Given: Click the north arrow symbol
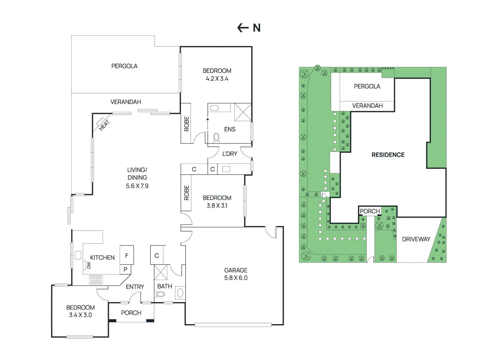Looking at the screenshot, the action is coord(243,28).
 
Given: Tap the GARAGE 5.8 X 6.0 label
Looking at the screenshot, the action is coord(236,274).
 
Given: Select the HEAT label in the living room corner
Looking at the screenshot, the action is coord(104,125).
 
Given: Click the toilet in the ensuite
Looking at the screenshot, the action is coord(216,138).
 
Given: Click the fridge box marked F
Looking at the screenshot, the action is coord(127,255).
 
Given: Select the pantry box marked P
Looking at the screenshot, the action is coord(125,269).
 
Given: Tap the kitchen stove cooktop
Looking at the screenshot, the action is coord(96,280).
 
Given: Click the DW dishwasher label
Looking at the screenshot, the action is coord(89,265).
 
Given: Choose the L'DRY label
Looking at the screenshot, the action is coord(230,154).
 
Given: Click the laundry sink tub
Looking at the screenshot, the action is coord(226,169).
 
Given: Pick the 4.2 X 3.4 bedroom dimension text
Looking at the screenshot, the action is coord(217,79).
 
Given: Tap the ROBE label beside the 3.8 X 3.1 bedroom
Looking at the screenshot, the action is coord(186,193).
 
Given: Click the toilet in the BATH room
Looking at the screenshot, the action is coord(161,295).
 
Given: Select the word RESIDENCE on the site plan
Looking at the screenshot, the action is coord(388,155).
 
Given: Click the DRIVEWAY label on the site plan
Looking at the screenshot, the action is coord(416,239).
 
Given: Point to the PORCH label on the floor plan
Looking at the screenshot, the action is coord(131,313).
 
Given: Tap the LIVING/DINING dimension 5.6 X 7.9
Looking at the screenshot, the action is coord(137,186).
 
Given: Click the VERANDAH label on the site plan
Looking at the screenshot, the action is coord(368,105).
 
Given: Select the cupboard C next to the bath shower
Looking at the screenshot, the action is coord(157,255).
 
